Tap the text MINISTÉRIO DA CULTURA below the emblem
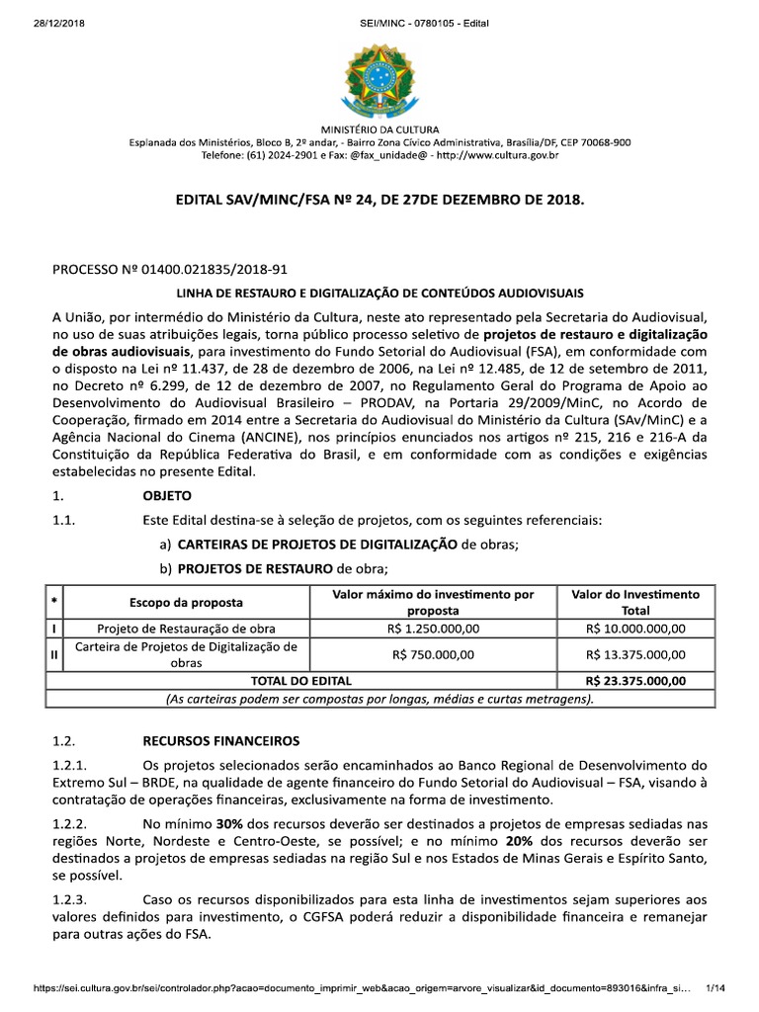(379, 129)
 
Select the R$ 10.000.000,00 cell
(635, 628)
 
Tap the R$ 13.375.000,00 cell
(635, 654)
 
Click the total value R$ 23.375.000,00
(635, 681)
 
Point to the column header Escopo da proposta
(186, 602)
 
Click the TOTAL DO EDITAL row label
(301, 681)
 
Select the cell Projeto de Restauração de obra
(186, 628)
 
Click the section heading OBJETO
(167, 494)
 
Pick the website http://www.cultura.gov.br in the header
(497, 155)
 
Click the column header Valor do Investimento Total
(635, 602)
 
